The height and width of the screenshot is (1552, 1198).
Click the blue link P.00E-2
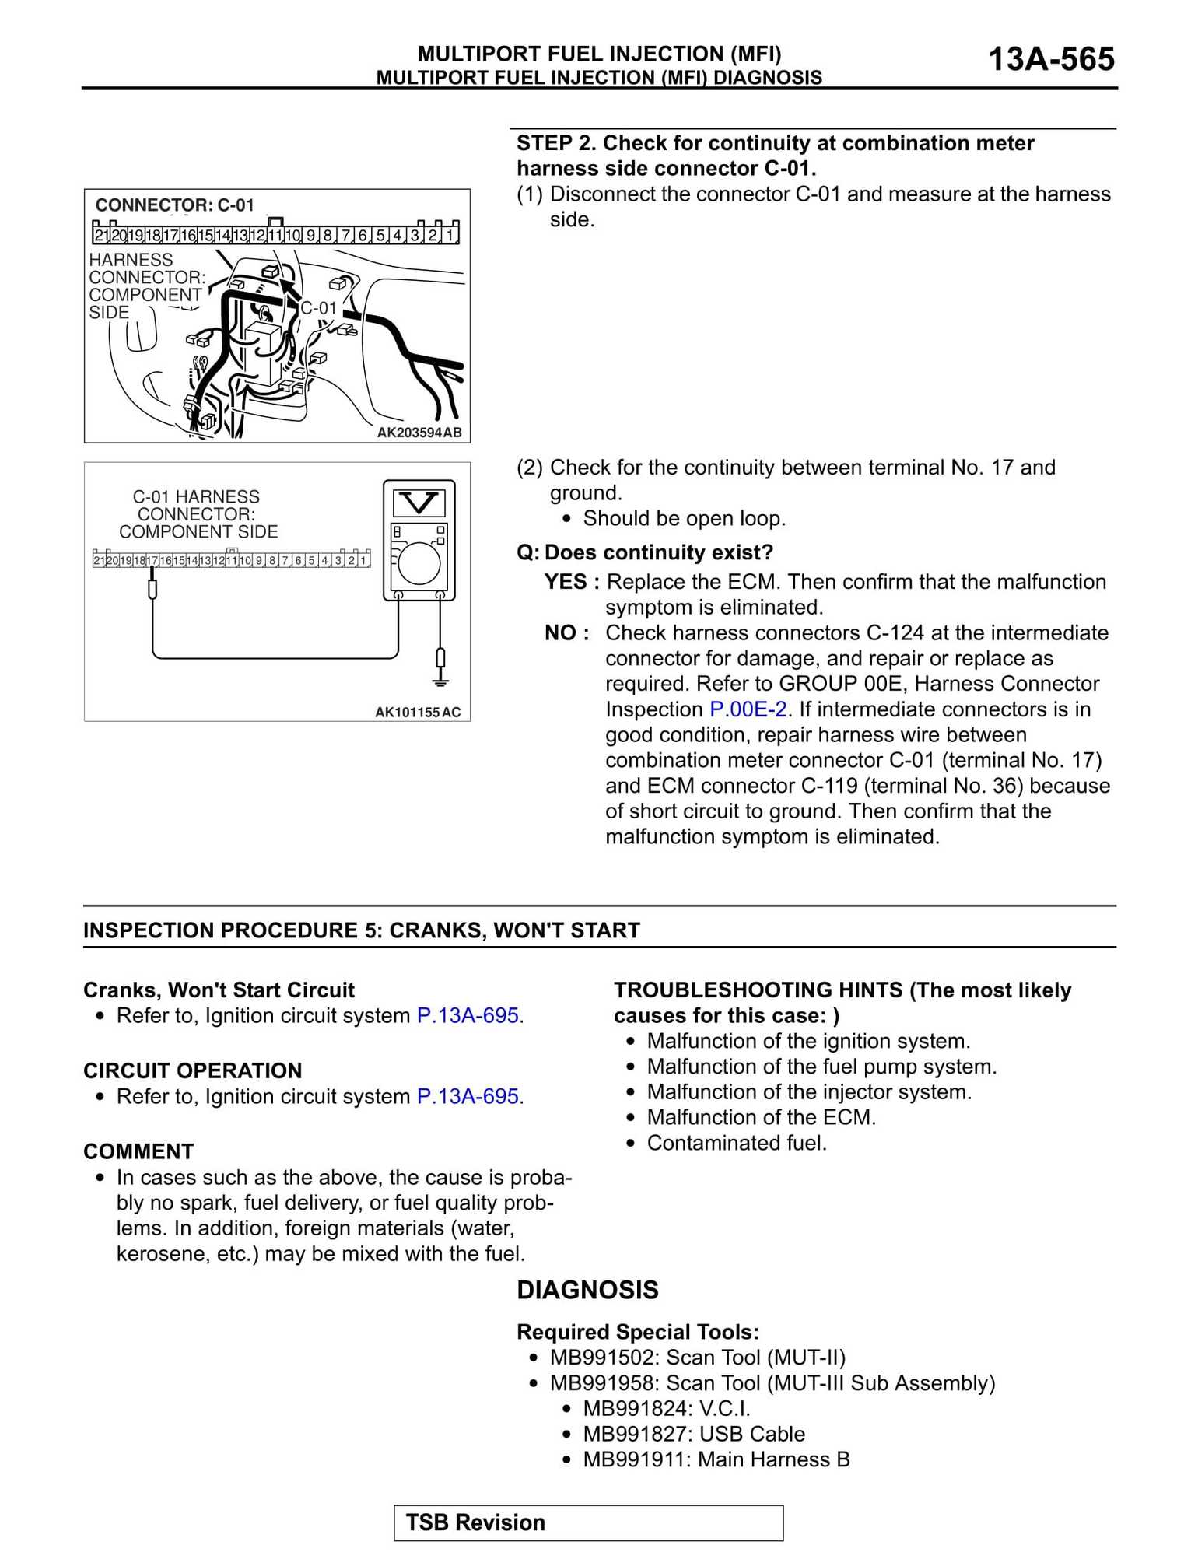point(748,709)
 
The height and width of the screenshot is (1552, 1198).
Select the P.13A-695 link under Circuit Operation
point(470,1096)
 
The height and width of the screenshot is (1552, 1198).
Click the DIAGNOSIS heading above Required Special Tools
point(587,1290)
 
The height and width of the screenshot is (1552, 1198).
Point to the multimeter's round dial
point(419,562)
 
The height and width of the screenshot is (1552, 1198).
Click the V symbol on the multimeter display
point(419,503)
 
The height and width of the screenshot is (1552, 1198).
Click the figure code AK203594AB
point(419,433)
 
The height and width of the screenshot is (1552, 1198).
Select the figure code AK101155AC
point(418,712)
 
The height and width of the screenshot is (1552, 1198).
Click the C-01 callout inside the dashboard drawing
point(318,308)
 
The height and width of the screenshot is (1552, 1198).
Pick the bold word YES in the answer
point(566,582)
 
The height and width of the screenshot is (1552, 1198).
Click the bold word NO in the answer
point(562,633)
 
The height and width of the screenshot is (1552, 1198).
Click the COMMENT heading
point(138,1151)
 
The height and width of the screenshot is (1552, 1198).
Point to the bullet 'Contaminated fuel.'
point(737,1143)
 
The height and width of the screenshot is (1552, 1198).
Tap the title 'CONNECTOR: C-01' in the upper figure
point(174,205)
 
